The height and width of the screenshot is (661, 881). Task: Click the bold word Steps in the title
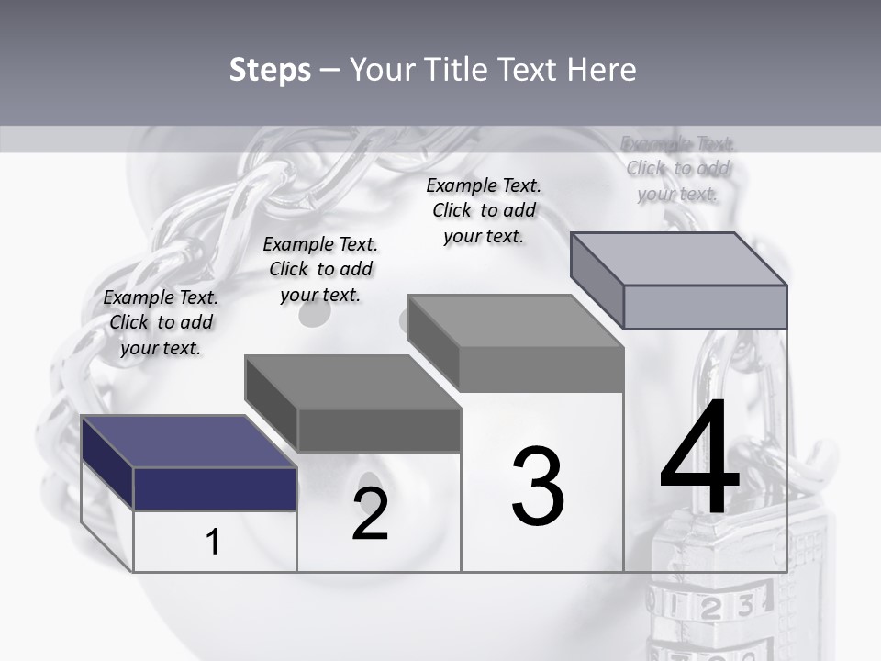(x=270, y=70)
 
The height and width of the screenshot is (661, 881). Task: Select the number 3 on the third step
(x=538, y=486)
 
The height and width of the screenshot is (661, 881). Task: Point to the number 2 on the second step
(x=370, y=515)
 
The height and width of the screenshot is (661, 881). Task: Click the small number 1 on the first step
(x=213, y=543)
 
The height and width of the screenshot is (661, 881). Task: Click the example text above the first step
(x=161, y=322)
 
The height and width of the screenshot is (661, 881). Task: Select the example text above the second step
(x=320, y=269)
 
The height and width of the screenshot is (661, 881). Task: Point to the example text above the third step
(x=484, y=210)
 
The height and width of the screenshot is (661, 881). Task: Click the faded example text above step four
(x=678, y=168)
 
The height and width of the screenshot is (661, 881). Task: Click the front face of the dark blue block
(x=216, y=488)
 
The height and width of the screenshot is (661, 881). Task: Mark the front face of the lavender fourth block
(x=705, y=307)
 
